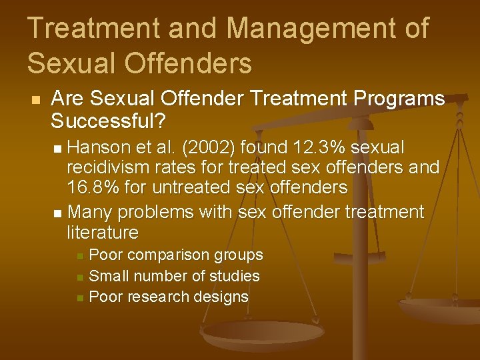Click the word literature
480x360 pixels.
point(103,233)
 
